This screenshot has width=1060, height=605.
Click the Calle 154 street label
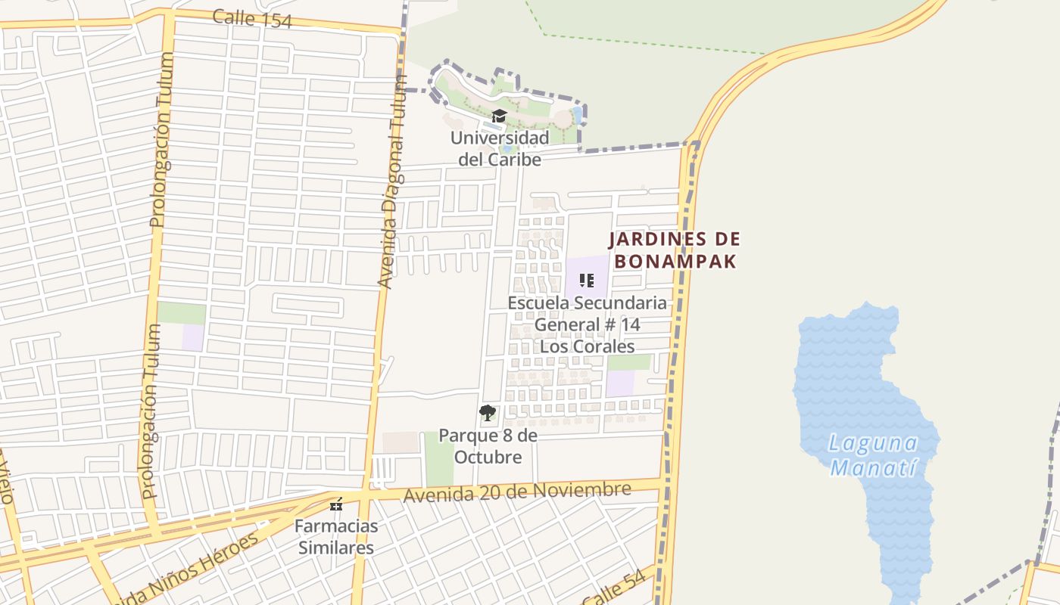click(x=252, y=19)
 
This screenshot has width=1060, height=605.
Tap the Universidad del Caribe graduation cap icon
click(x=499, y=116)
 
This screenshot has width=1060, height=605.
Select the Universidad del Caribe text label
click(x=500, y=149)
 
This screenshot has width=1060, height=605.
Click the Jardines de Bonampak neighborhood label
click(x=675, y=250)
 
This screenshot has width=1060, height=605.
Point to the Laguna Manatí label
click(x=873, y=455)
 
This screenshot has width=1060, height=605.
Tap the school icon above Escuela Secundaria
click(x=586, y=281)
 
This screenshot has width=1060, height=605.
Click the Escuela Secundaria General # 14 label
click(x=587, y=324)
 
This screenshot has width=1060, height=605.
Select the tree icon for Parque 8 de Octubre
click(x=488, y=413)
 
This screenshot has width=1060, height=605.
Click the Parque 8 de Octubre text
click(x=488, y=447)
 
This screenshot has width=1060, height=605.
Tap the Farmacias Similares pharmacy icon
click(x=336, y=504)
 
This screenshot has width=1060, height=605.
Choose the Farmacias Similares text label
click(x=335, y=536)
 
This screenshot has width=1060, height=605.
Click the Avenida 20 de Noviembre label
click(x=517, y=492)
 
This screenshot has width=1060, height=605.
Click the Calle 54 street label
click(x=614, y=588)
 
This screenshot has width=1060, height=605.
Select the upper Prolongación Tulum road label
click(x=162, y=140)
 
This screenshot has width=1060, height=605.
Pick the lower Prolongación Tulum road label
click(x=150, y=411)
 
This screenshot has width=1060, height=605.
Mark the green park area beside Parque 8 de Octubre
click(x=438, y=459)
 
